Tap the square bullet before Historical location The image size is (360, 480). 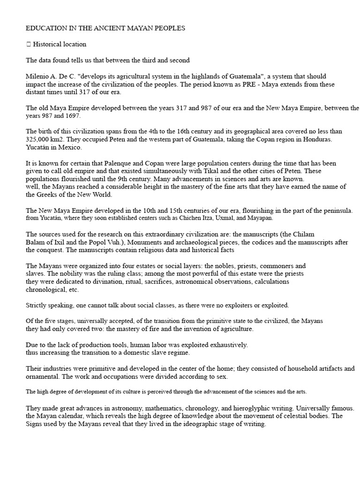(x=28, y=45)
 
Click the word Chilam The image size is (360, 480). (x=303, y=234)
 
